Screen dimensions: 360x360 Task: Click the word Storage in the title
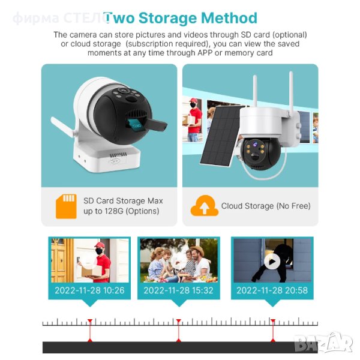point(167,19)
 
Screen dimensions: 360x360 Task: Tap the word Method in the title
point(229,18)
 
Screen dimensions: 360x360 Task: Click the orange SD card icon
point(66,206)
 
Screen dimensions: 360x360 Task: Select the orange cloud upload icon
point(205,205)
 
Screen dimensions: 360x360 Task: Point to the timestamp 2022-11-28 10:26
point(89,290)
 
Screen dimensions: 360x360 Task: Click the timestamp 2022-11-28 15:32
point(178,290)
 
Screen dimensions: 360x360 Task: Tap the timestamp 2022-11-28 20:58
point(272,290)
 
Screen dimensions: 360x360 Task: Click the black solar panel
point(220,136)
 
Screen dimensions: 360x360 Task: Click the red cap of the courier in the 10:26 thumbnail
point(100,245)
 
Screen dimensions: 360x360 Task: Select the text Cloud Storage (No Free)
point(266,206)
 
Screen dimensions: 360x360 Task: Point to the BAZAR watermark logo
point(324,343)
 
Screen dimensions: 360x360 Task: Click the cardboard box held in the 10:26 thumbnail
point(92,271)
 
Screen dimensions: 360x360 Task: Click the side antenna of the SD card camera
point(62,127)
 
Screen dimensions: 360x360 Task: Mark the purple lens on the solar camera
point(255,145)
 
